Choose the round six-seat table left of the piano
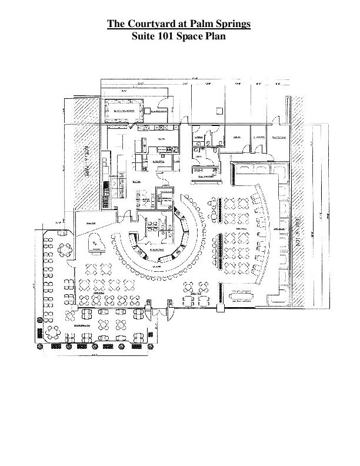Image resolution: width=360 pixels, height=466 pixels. (x=64, y=249)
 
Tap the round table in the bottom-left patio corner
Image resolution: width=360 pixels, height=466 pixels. (x=52, y=332)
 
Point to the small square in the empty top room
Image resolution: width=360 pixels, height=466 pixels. (x=219, y=109)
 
